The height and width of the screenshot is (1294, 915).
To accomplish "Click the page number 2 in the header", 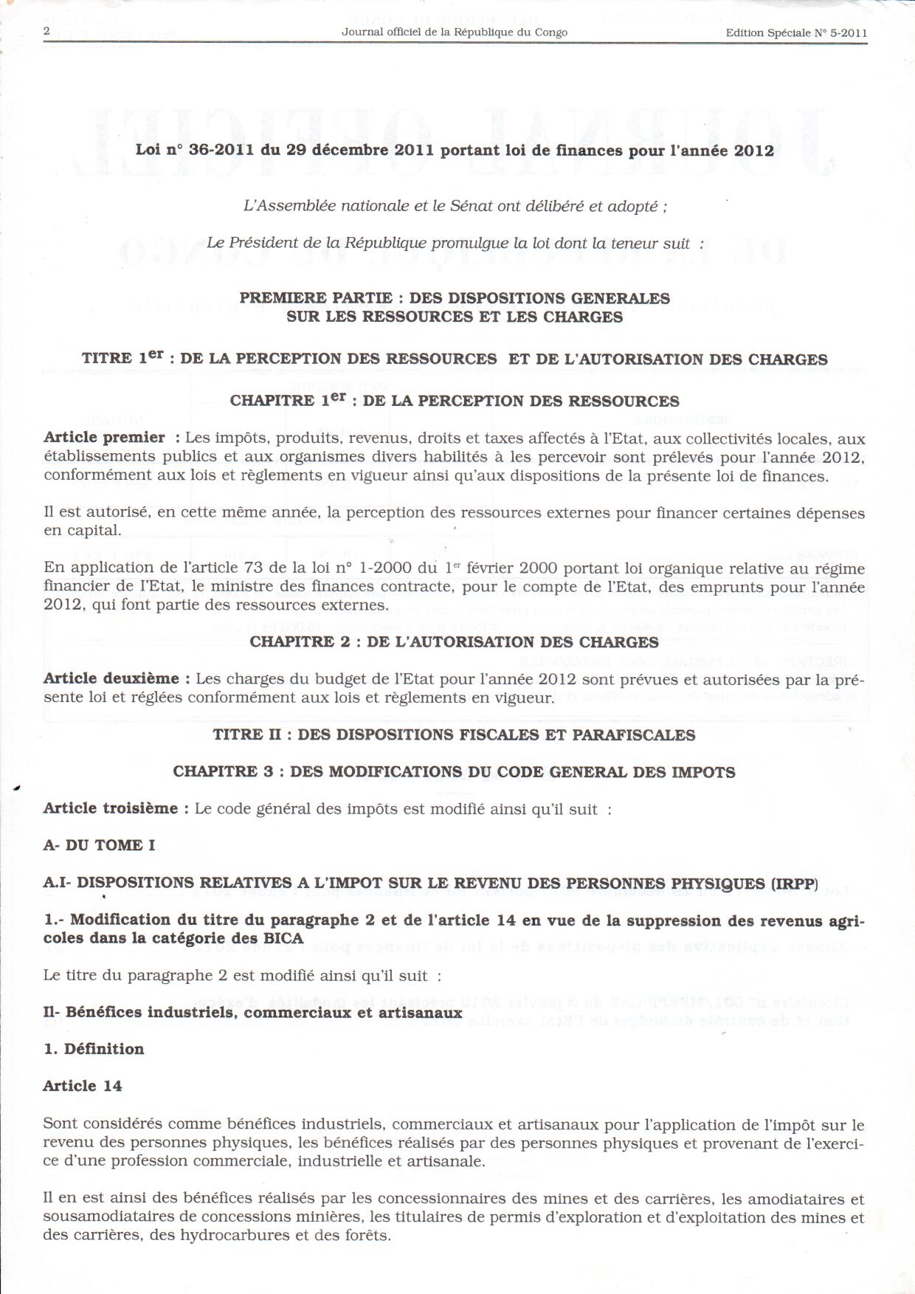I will point(46,31).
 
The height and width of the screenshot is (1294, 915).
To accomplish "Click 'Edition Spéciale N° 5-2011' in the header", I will point(796,32).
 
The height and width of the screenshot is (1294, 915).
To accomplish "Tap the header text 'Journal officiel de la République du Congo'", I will point(455,32).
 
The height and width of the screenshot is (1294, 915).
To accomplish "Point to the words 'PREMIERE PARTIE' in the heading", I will point(316,298).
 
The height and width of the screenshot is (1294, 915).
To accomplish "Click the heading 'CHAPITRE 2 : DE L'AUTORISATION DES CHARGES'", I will point(454,641).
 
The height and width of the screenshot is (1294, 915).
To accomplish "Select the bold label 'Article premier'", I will point(104,438).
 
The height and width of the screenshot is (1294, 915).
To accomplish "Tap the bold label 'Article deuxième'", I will point(111,678).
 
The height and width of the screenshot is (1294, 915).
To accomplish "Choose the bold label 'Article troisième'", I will point(111,808).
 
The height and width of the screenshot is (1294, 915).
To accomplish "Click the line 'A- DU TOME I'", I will point(99,845).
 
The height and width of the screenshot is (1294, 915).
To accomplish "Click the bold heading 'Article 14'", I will point(83,1086).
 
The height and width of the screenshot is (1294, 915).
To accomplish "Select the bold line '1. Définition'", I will point(94,1049).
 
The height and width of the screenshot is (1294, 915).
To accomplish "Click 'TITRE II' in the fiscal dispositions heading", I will point(238,734).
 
